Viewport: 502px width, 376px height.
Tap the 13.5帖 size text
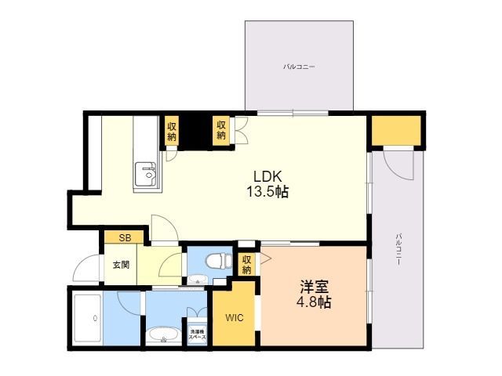click(x=266, y=191)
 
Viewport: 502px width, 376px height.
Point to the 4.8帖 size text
click(x=313, y=302)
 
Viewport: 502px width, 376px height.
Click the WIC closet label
click(x=235, y=318)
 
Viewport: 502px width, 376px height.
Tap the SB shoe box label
click(x=124, y=237)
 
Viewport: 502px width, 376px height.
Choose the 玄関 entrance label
click(x=120, y=264)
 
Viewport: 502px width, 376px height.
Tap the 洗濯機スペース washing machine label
click(x=195, y=334)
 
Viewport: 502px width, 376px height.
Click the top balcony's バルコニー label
click(x=299, y=67)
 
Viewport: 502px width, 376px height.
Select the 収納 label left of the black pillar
click(x=171, y=130)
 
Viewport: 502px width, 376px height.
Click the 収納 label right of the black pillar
click(x=221, y=130)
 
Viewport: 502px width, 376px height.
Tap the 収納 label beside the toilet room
click(x=246, y=265)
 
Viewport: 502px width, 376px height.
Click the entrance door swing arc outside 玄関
click(x=85, y=268)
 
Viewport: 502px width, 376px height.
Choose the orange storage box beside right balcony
click(x=397, y=131)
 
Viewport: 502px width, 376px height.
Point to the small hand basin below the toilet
click(x=195, y=280)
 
